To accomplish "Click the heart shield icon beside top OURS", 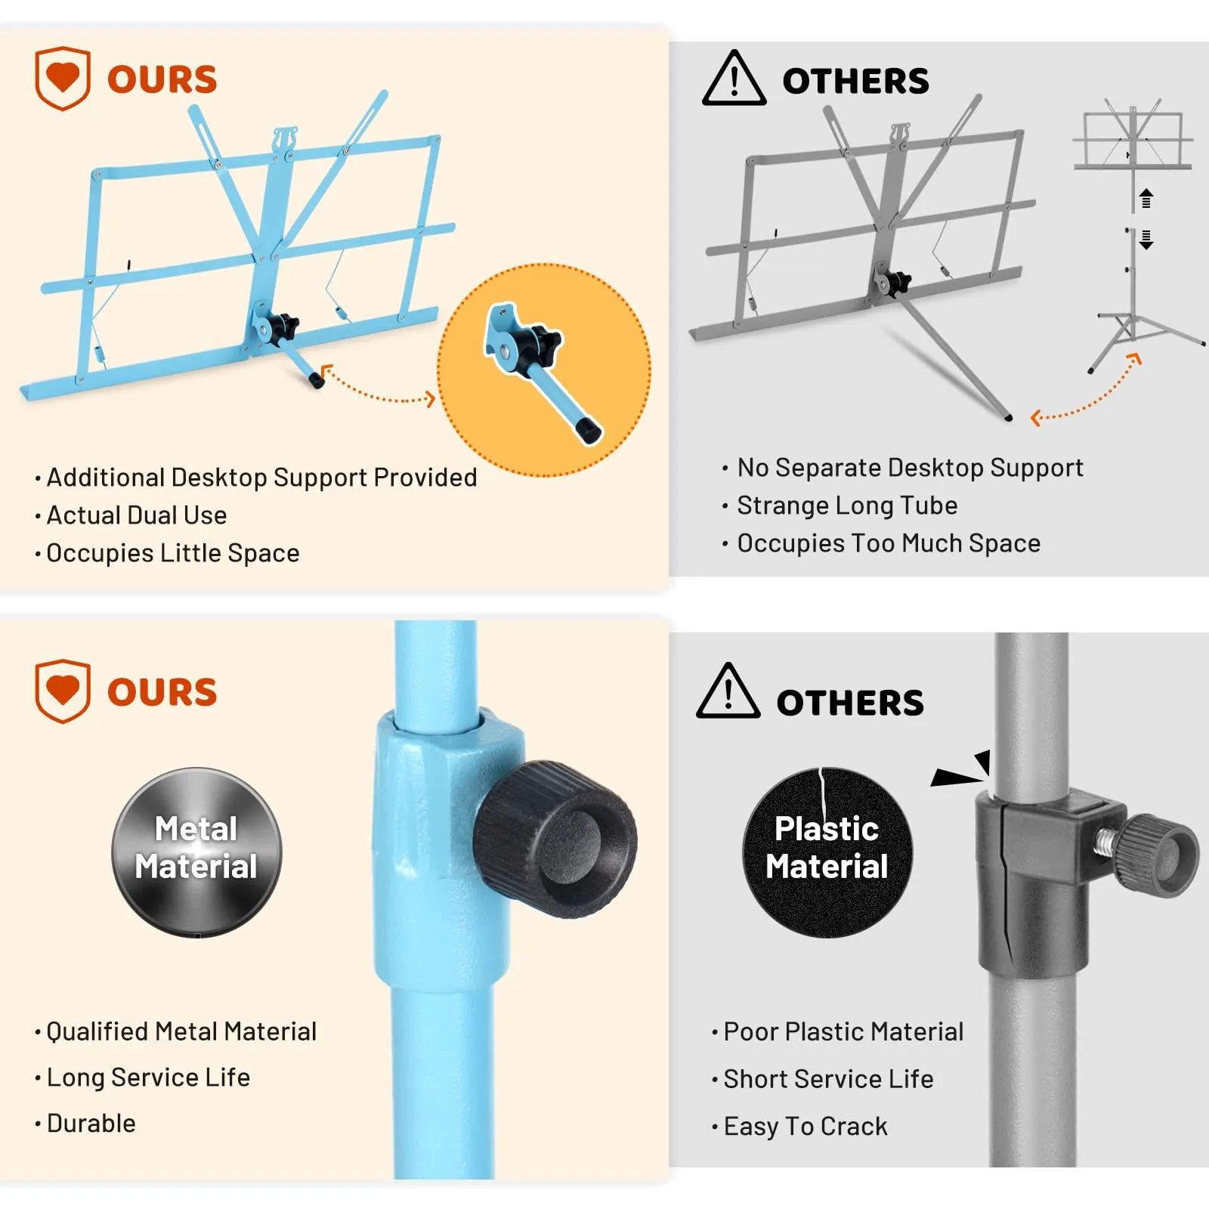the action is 63,78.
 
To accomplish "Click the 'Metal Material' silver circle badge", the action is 196,852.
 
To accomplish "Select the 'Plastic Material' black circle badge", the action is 827,852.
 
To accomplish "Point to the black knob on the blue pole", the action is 555,839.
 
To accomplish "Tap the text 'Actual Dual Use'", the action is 137,515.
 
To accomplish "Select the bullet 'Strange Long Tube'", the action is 847,506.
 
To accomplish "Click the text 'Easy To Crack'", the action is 805,1126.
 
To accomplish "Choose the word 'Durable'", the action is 91,1123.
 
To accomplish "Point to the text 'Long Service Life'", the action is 148,1077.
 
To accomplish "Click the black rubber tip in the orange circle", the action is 588,430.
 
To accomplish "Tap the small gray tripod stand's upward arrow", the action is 1146,198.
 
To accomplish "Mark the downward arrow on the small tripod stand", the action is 1146,240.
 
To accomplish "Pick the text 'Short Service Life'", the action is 828,1079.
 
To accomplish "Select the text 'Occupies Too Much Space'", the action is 889,543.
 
